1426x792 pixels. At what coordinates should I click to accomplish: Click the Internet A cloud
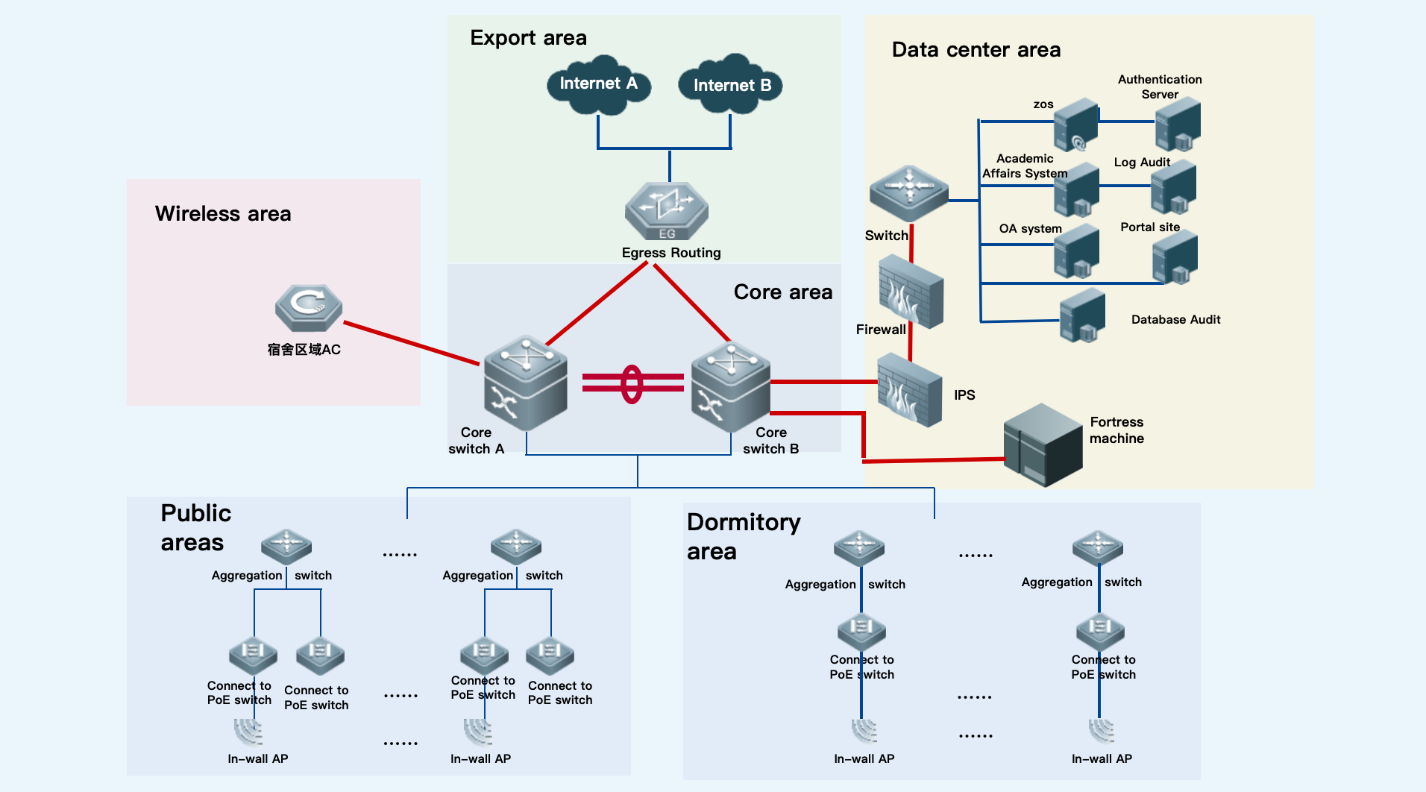point(598,84)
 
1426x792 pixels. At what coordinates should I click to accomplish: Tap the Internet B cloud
point(731,84)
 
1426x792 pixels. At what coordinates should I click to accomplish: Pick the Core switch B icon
point(730,386)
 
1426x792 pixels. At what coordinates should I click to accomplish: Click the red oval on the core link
point(632,383)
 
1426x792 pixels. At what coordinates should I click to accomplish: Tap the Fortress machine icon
point(1042,444)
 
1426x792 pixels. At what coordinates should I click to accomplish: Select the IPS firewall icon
point(909,389)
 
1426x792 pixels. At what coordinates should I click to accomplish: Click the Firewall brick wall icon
point(911,292)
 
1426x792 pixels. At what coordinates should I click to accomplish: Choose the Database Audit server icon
point(1081,315)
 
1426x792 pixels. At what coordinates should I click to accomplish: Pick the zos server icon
point(1075,125)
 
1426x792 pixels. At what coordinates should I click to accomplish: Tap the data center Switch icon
point(908,192)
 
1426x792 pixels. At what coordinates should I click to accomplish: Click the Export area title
point(528,37)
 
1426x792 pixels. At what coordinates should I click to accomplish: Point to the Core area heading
point(782,292)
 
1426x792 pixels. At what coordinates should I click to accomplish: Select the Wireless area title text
point(223,214)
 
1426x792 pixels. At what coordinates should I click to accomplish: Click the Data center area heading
point(976,50)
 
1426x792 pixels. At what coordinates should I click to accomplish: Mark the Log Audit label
point(1141,162)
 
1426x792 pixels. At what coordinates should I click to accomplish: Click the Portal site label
point(1149,227)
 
